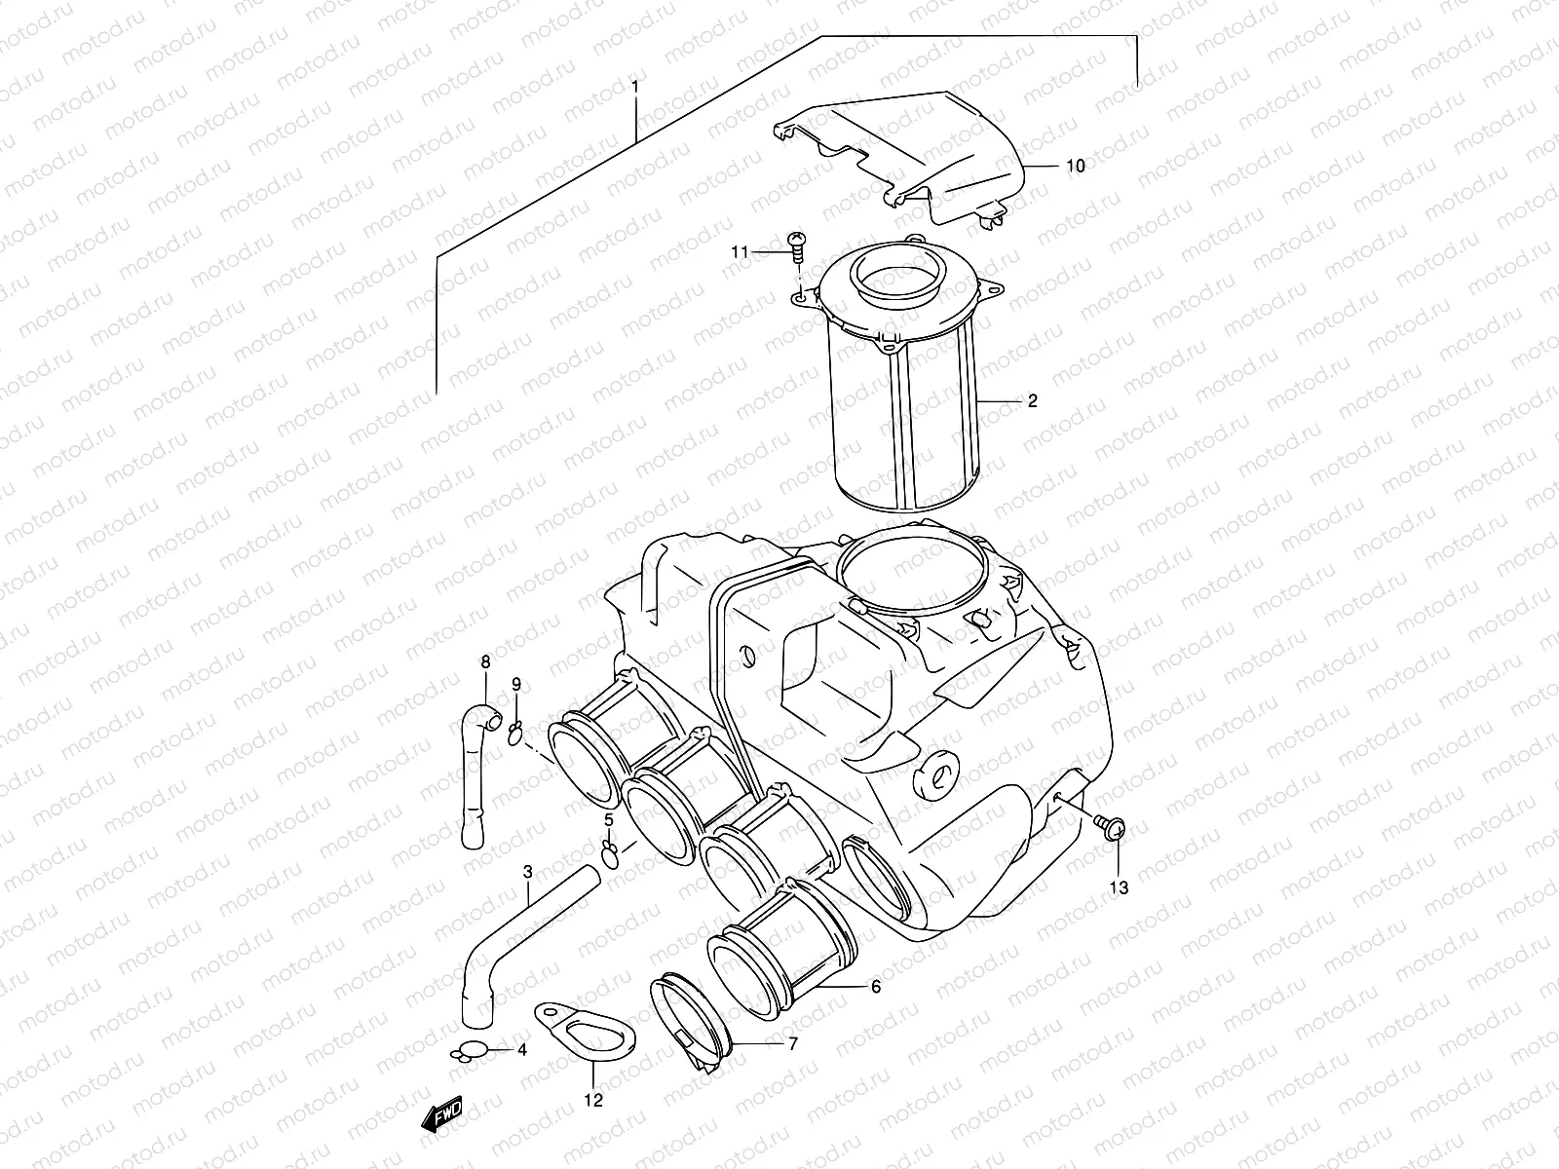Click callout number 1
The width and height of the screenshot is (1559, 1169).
[634, 88]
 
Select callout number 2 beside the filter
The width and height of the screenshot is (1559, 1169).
[1033, 400]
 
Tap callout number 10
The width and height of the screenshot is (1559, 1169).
[1074, 167]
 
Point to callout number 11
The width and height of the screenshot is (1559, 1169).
[741, 252]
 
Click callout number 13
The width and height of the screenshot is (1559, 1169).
[1118, 887]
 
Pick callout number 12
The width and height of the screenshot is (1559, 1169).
[593, 1101]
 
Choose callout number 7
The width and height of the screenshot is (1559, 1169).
[793, 1044]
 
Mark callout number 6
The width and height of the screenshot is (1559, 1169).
[875, 987]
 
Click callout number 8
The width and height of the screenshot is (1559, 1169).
[485, 663]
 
